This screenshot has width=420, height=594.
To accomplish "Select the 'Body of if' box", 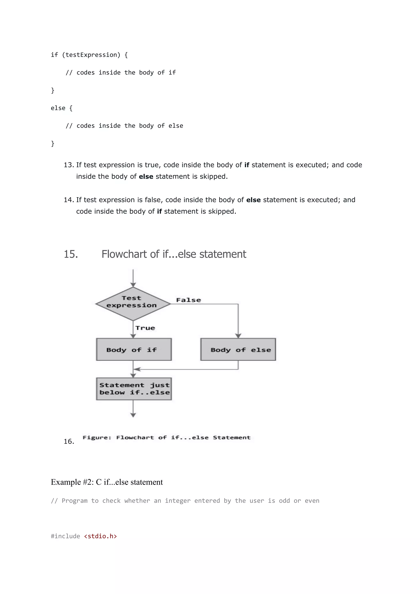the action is tap(134, 349).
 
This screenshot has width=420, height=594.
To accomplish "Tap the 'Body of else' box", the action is tap(238, 349).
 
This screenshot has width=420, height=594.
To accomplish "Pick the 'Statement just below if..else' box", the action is tap(134, 389).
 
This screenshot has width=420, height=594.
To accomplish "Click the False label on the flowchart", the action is tap(188, 300).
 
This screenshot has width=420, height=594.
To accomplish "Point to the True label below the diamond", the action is tap(145, 328).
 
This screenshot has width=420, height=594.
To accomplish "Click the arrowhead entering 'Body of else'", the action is tap(238, 336).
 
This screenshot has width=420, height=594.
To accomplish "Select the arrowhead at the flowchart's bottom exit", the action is tap(133, 415).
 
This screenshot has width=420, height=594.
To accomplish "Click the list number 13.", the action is tap(68, 165).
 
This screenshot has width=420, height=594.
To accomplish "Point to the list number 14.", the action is tap(68, 200).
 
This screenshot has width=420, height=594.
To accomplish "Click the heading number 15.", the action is tap(71, 254).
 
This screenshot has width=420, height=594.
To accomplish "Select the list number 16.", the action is tap(68, 441).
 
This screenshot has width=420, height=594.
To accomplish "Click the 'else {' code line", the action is tap(62, 108).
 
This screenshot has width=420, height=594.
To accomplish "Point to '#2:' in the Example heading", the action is tap(88, 482).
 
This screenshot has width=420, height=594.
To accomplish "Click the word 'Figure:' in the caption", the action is tap(97, 438).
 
